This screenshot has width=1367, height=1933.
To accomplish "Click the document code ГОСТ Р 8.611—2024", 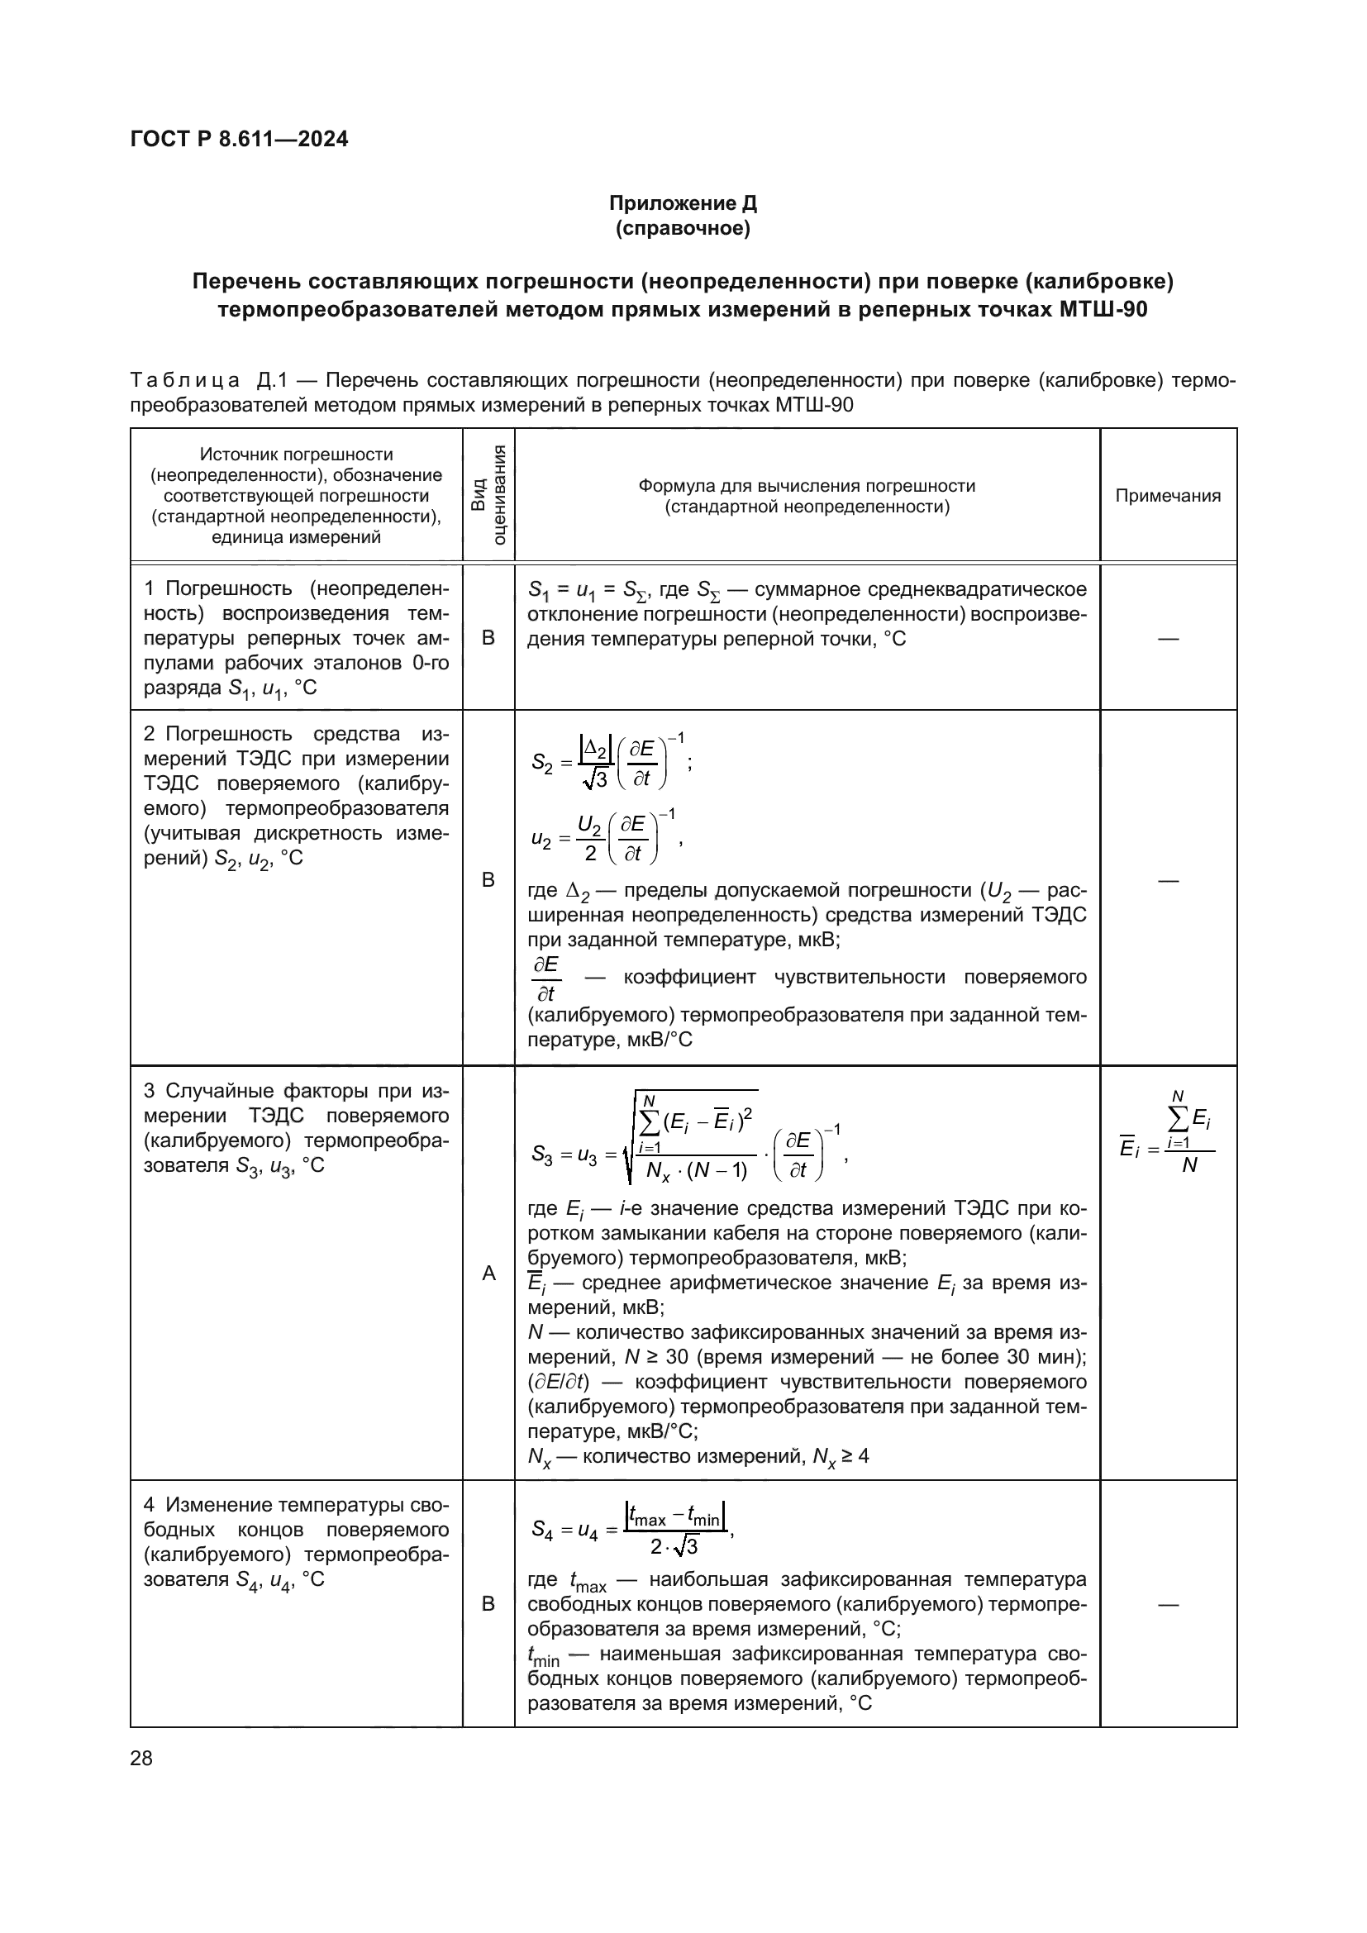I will pyautogui.click(x=239, y=139).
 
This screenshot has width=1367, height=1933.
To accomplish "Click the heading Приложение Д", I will pyautogui.click(x=683, y=203).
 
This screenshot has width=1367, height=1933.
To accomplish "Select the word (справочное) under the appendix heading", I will pyautogui.click(x=683, y=228).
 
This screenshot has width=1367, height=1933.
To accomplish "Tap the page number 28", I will pyautogui.click(x=141, y=1758).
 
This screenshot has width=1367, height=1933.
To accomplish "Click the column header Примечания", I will pyautogui.click(x=1168, y=496).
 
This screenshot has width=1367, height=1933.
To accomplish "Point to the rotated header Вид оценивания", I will pyautogui.click(x=488, y=495).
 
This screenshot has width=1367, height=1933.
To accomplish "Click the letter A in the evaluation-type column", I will pyautogui.click(x=488, y=1274).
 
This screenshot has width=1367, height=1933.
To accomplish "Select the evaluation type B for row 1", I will pyautogui.click(x=488, y=638).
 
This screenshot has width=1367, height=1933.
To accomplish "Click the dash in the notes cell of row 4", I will pyautogui.click(x=1168, y=1605).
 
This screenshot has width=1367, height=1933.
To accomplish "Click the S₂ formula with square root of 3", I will pyautogui.click(x=611, y=763).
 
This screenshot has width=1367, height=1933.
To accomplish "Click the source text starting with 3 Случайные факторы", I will pyautogui.click(x=297, y=1128).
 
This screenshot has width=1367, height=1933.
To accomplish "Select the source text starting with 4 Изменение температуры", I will pyautogui.click(x=297, y=1541).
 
